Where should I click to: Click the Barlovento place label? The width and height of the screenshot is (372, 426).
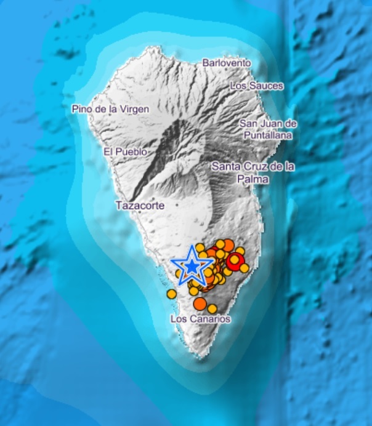pyautogui.click(x=227, y=63)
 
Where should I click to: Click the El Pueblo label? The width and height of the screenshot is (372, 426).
pyautogui.click(x=125, y=151)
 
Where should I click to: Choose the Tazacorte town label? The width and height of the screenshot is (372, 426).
pyautogui.click(x=140, y=206)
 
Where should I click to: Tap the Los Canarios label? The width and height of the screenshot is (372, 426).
pyautogui.click(x=200, y=319)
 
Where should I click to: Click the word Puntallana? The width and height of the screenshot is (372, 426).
pyautogui.click(x=265, y=134)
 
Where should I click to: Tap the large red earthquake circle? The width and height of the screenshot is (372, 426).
pyautogui.click(x=234, y=262)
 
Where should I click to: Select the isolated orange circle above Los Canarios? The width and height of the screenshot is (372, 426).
pyautogui.click(x=200, y=303)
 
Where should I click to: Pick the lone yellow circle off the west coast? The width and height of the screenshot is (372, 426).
pyautogui.click(x=171, y=294)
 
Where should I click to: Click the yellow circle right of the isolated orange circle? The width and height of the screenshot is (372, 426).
pyautogui.click(x=212, y=308)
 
